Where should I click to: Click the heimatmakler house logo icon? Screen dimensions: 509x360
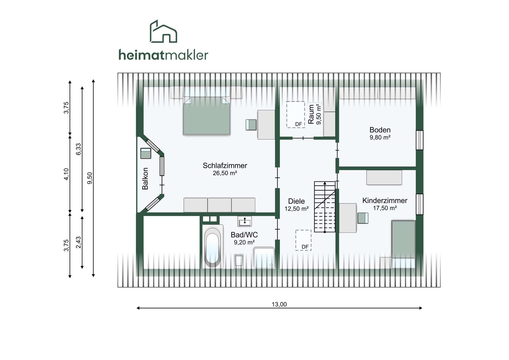point(163,31)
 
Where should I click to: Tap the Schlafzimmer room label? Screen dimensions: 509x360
point(225,166)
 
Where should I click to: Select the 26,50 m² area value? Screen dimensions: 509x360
point(225,173)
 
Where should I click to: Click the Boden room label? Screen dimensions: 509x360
point(380,130)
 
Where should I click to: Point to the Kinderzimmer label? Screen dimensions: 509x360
point(385,201)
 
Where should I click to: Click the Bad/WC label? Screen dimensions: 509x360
point(244,235)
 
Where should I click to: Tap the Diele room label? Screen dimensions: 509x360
point(296,201)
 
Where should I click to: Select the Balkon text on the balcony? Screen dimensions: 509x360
point(145,179)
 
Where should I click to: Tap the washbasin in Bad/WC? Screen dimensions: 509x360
point(244,221)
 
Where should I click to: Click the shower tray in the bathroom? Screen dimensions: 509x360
point(264,258)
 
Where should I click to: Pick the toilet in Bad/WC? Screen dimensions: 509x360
point(239,261)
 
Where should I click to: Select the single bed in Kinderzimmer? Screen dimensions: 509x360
point(403,244)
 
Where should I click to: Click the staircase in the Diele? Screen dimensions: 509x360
point(325,207)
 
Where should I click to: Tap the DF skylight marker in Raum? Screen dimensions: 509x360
point(299,124)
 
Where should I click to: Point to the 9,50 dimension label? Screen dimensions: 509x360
point(90,178)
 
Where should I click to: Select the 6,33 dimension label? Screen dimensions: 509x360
point(78,149)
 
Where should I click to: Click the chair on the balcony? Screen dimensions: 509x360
point(146,153)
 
